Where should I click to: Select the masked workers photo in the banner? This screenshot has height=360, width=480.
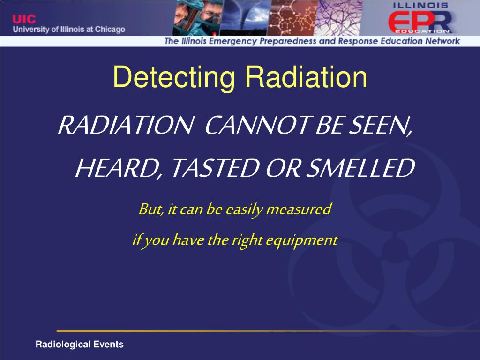point(196,18)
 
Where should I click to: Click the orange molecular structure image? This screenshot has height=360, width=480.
point(294,18)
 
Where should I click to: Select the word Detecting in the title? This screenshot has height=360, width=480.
point(173,77)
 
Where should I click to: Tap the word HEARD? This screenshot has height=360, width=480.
point(118,168)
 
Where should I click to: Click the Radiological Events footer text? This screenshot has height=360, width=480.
point(80,345)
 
